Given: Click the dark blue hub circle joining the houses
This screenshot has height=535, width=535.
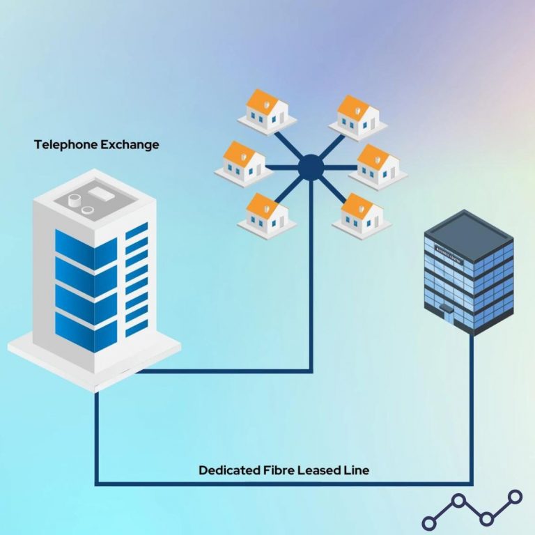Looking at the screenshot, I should click(x=309, y=167).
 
